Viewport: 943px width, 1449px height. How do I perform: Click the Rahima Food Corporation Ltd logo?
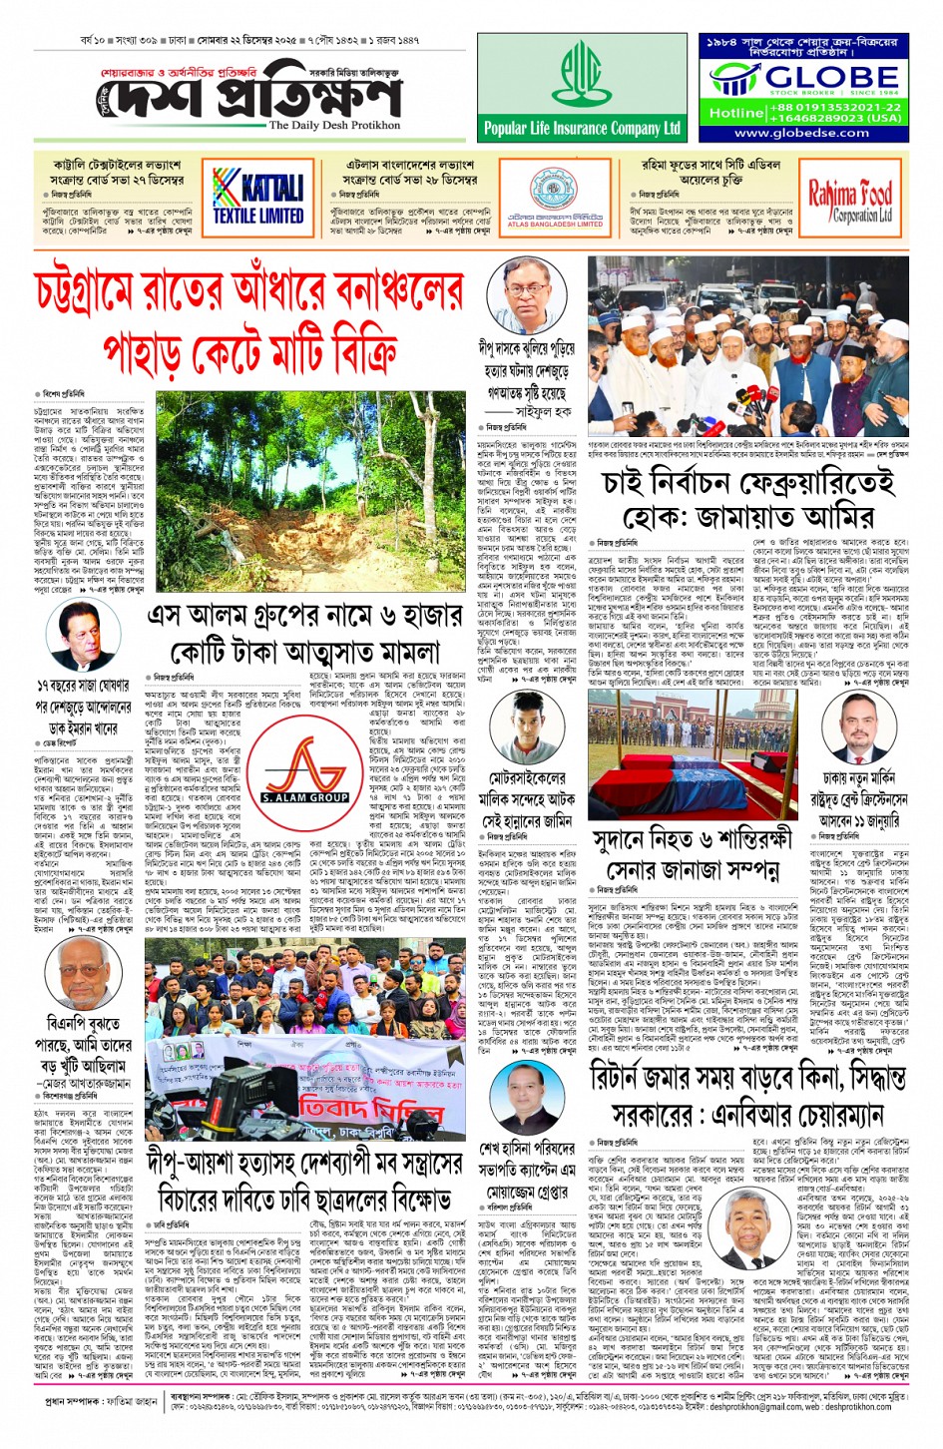coord(850,200)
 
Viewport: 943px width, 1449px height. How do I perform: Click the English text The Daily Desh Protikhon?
coord(334,126)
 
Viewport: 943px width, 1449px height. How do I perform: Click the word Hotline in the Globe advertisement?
coord(735,113)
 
